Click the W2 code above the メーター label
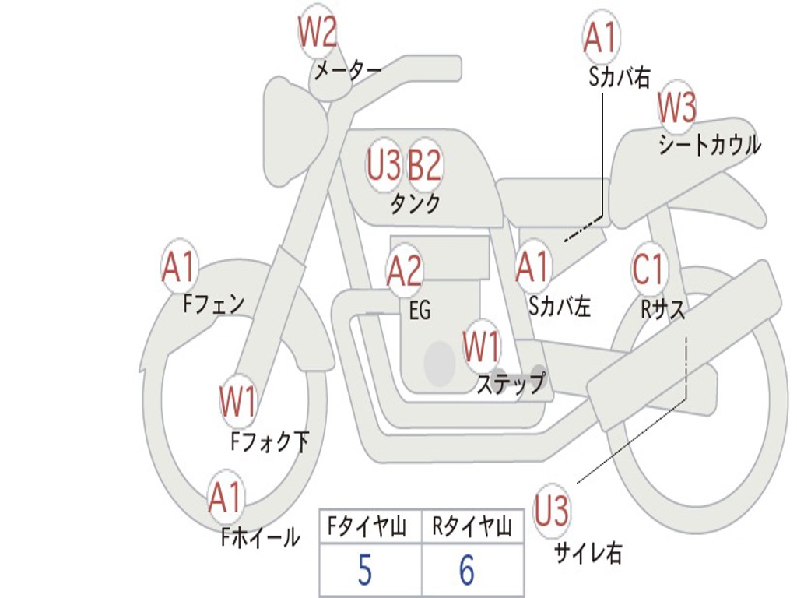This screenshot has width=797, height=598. pyautogui.click(x=318, y=33)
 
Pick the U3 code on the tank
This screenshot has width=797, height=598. pyautogui.click(x=384, y=165)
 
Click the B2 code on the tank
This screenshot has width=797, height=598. pyautogui.click(x=425, y=165)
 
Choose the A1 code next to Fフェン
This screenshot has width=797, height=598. pyautogui.click(x=179, y=268)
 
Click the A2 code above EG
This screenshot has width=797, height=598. pyautogui.click(x=404, y=271)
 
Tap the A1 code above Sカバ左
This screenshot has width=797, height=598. pyautogui.click(x=533, y=268)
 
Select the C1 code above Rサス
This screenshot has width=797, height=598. pyautogui.click(x=648, y=269)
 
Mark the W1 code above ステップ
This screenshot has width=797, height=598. pyautogui.click(x=482, y=347)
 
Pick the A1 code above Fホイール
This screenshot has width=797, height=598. pyautogui.click(x=225, y=498)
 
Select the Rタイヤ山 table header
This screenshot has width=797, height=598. pyautogui.click(x=472, y=528)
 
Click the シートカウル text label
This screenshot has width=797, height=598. pyautogui.click(x=709, y=146)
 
